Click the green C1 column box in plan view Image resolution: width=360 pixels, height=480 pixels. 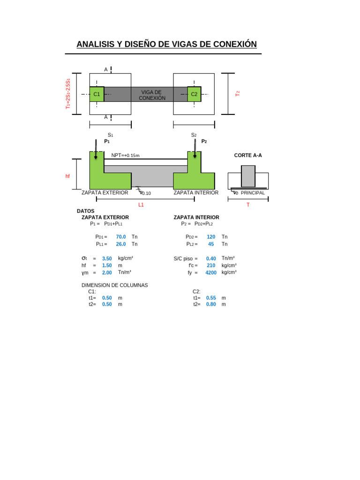[97, 94]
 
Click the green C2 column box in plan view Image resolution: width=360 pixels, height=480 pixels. [194, 94]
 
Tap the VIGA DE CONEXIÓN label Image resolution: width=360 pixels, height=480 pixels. [152, 95]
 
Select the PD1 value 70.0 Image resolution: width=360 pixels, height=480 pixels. [121, 237]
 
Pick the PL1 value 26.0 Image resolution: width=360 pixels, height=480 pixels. [121, 244]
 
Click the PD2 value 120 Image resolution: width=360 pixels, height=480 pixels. [211, 237]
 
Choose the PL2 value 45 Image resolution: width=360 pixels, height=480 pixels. [211, 244]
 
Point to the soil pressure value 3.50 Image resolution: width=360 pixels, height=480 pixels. [107, 258]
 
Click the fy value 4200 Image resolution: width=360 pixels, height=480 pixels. [211, 272]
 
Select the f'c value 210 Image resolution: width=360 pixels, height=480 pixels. [211, 265]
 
